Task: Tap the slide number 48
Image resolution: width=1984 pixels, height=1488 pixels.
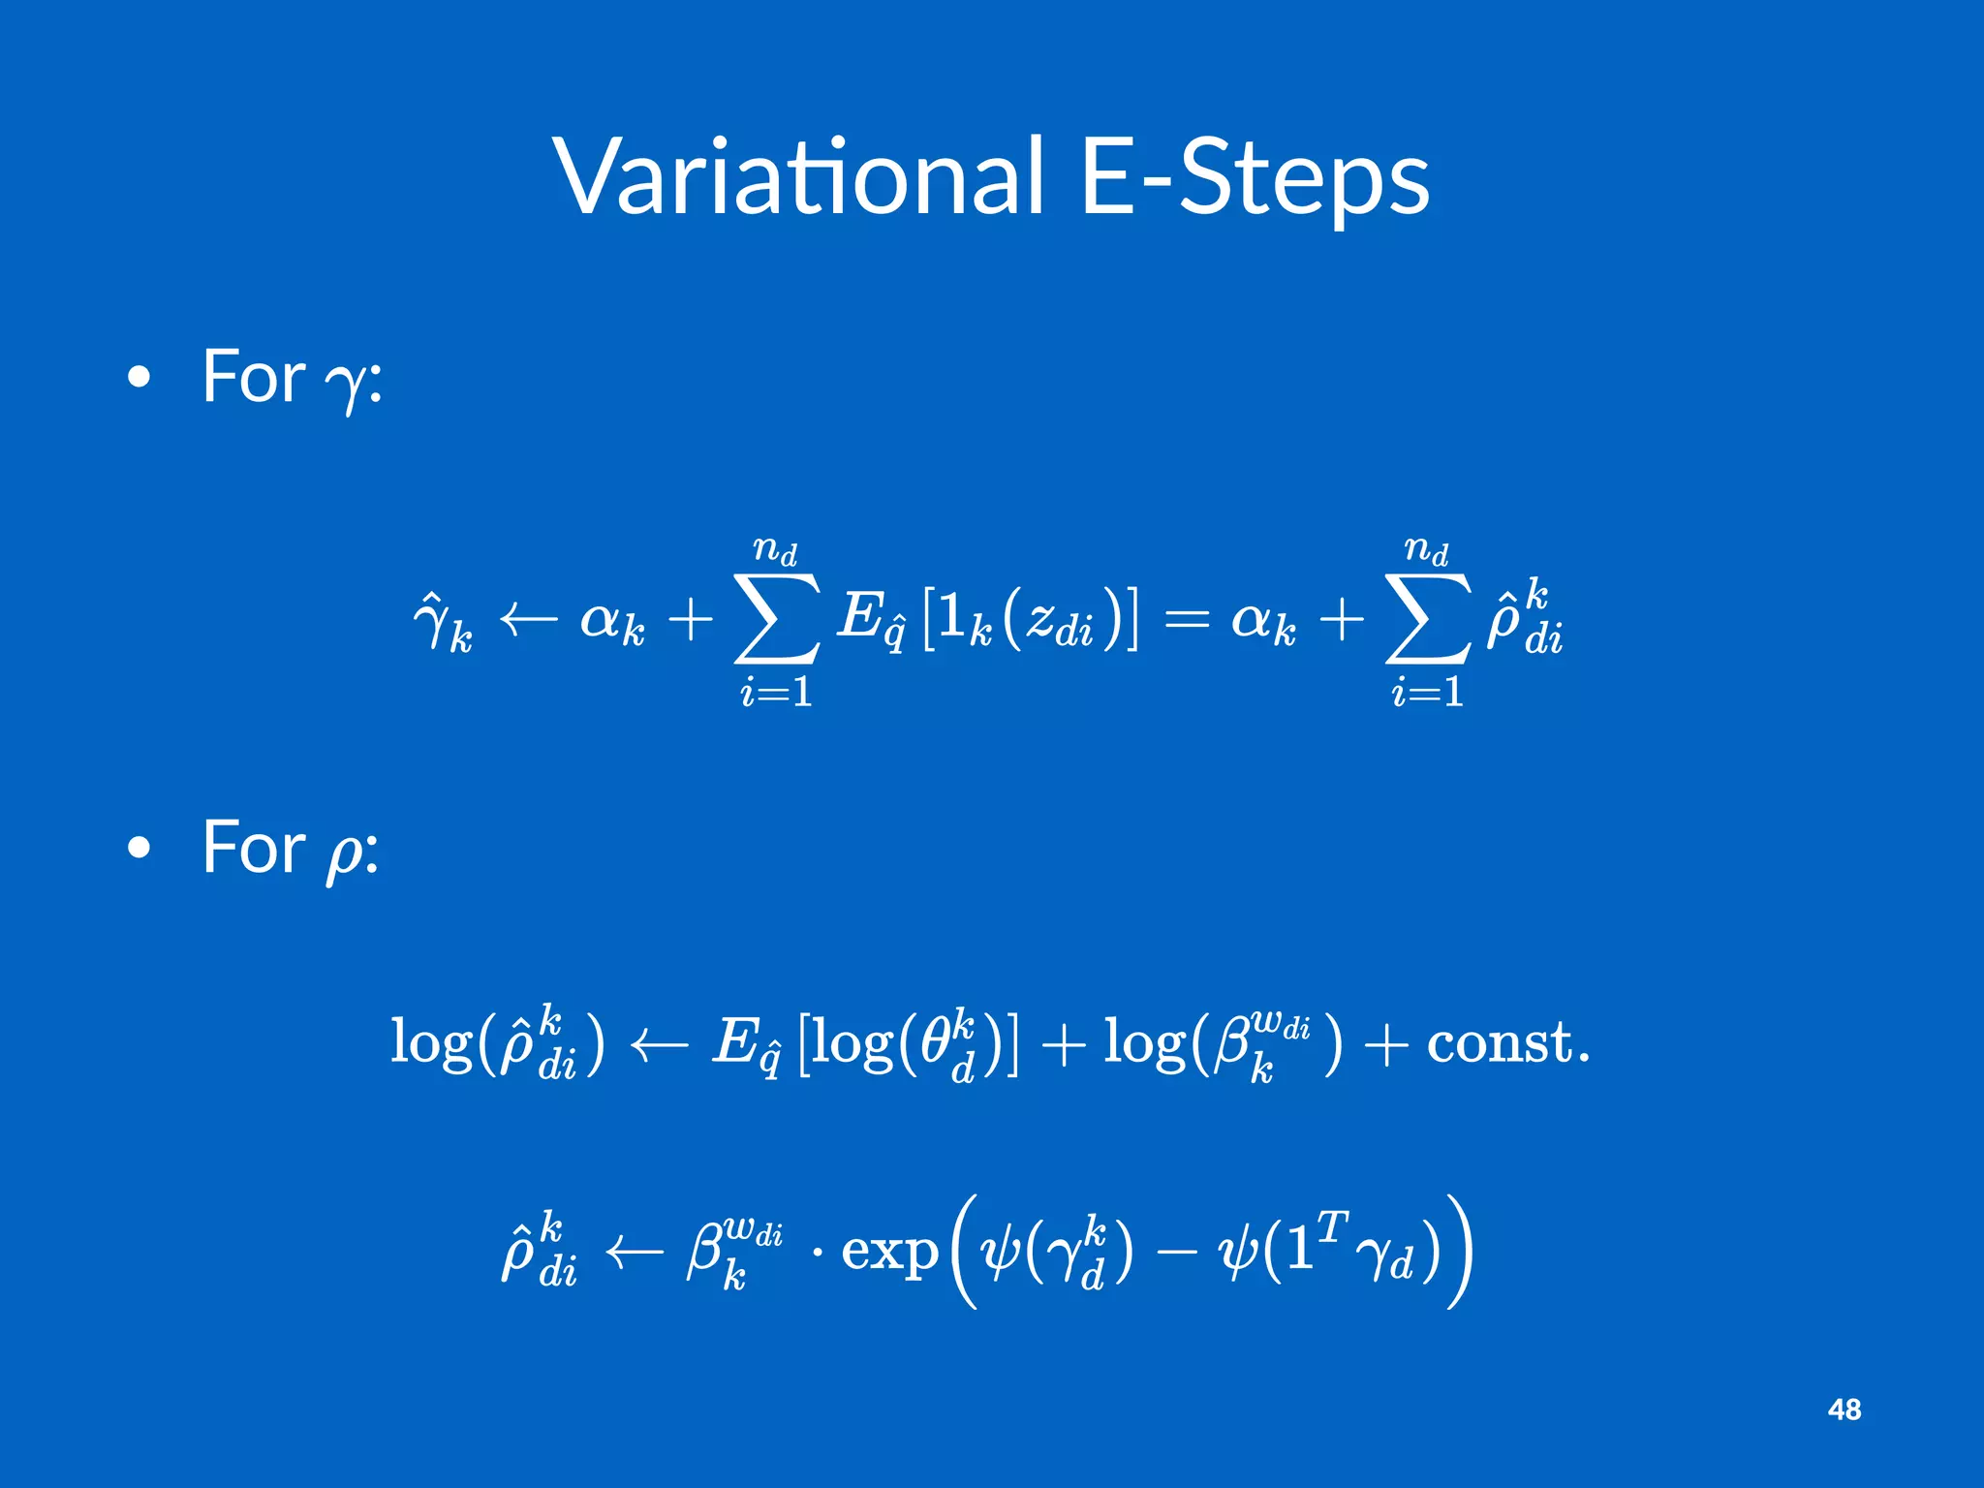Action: point(1844,1410)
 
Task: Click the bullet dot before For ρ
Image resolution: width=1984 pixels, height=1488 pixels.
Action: point(139,848)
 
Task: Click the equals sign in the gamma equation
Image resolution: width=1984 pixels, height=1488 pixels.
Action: point(1187,618)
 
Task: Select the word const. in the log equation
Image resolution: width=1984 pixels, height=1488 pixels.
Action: point(1507,1043)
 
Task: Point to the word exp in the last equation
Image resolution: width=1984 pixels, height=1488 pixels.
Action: point(889,1252)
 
